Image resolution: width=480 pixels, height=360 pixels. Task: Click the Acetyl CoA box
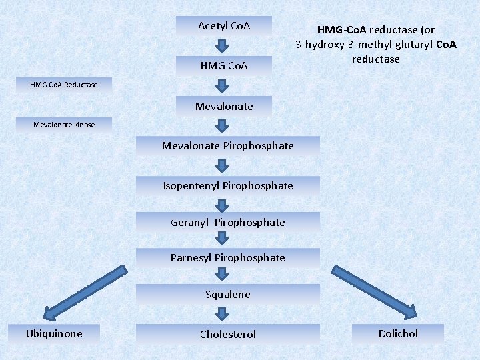pos(224,26)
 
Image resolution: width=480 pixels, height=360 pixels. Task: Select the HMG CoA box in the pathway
pos(224,66)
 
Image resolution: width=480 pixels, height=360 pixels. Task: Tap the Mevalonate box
pos(224,107)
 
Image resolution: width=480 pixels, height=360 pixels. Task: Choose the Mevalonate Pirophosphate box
pos(227,146)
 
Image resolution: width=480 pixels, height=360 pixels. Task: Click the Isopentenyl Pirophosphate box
pos(227,186)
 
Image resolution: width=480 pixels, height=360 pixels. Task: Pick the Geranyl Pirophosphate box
pos(227,223)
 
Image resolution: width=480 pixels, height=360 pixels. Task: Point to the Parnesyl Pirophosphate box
pos(227,258)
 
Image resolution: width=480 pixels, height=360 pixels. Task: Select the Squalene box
pos(227,295)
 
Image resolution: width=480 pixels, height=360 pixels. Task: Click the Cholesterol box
pos(227,334)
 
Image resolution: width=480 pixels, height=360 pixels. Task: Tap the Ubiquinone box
pos(54,333)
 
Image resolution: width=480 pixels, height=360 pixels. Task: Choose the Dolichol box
pos(398,333)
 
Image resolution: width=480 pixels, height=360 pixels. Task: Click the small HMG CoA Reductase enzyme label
pos(64,85)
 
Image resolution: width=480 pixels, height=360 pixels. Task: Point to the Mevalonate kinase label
pos(64,125)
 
